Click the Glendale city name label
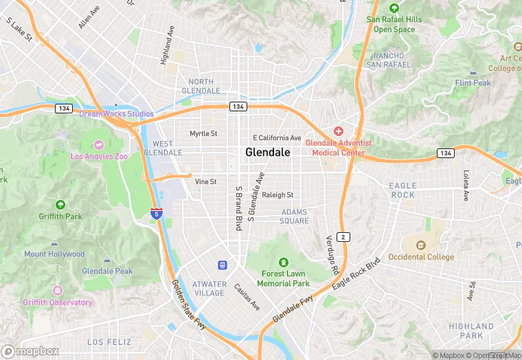(268, 153)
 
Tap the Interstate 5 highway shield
(157, 214)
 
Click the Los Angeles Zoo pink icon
(99, 145)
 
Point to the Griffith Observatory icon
(57, 291)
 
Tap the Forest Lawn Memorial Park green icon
(283, 263)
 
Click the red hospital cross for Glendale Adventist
(338, 131)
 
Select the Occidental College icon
(421, 245)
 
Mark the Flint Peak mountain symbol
(473, 71)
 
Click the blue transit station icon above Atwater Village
(223, 265)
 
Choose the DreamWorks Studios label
(116, 113)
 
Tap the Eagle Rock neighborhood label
(402, 190)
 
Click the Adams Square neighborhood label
(294, 216)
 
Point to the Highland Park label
(471, 330)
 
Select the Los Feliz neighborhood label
(106, 341)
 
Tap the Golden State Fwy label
(188, 305)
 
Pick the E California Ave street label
(277, 137)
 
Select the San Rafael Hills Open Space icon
(394, 8)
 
